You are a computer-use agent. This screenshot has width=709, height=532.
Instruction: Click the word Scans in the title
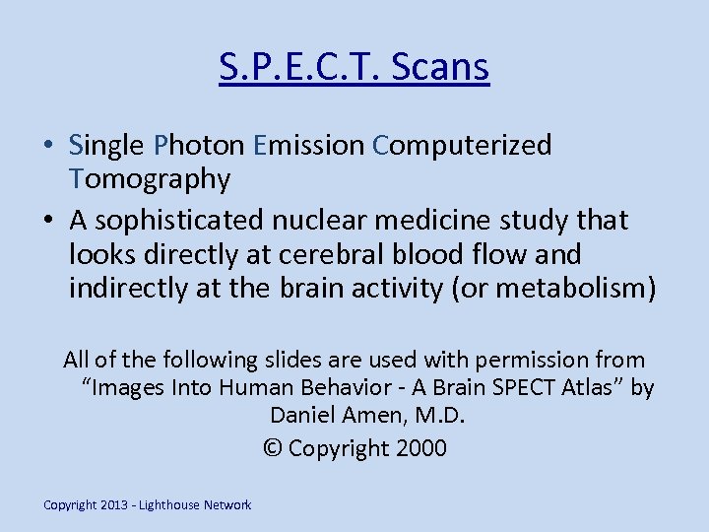pyautogui.click(x=440, y=67)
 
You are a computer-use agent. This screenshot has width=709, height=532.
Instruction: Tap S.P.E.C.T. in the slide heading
pyautogui.click(x=300, y=67)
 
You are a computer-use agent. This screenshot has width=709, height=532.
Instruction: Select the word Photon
pyautogui.click(x=199, y=146)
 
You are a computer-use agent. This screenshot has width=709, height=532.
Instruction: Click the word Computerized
pyautogui.click(x=462, y=146)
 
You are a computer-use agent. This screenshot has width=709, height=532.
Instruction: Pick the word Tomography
pyautogui.click(x=150, y=179)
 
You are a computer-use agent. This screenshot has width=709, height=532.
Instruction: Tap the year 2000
pyautogui.click(x=420, y=448)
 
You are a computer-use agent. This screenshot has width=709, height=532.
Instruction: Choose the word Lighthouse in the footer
pyautogui.click(x=169, y=505)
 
